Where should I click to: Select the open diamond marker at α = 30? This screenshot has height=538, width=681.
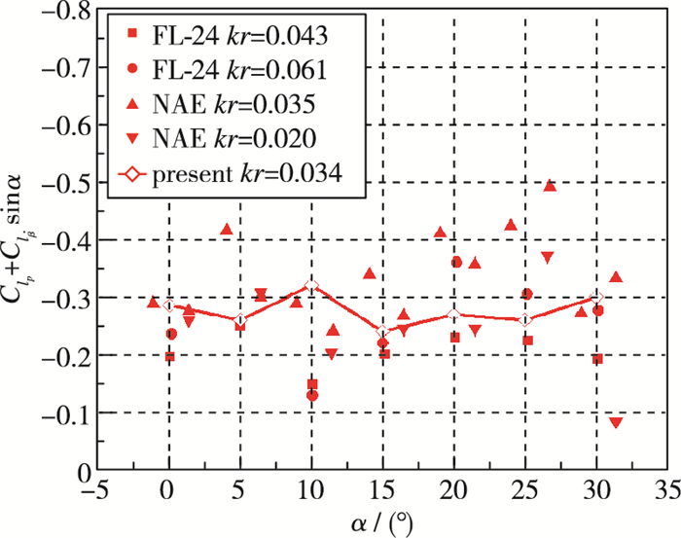pyautogui.click(x=597, y=298)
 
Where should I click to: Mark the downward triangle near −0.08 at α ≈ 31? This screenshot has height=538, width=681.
pyautogui.click(x=615, y=423)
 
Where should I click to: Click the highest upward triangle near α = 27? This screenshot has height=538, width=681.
pyautogui.click(x=550, y=185)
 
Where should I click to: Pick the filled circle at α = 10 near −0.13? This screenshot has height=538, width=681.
pyautogui.click(x=312, y=396)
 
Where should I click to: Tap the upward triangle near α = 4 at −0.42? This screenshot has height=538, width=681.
pyautogui.click(x=227, y=230)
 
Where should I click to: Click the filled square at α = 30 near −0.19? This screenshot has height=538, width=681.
pyautogui.click(x=597, y=359)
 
